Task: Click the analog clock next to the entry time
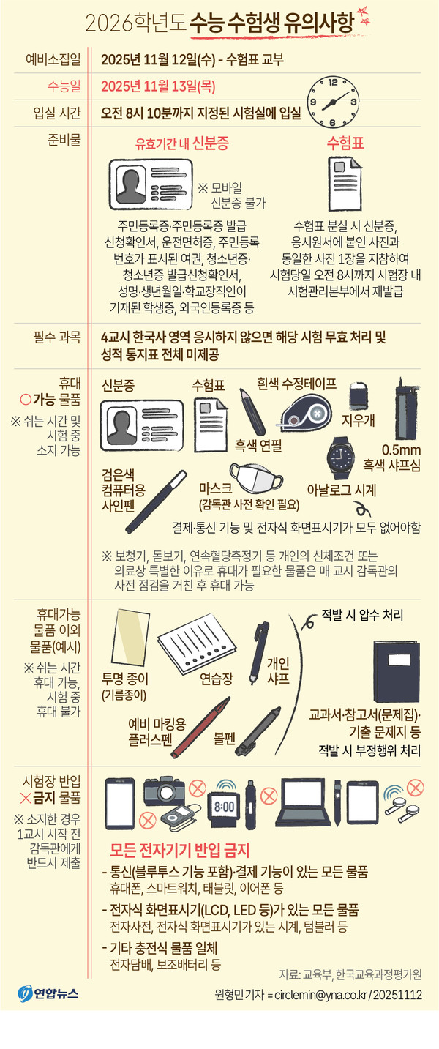(333, 102)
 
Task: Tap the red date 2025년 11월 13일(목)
(158, 86)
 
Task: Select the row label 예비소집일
(53, 59)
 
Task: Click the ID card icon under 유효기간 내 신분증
(151, 184)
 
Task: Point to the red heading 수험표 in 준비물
(345, 143)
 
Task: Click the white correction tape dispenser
(306, 413)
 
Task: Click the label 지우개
(358, 420)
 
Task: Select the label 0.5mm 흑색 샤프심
(392, 458)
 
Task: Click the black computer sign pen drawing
(156, 501)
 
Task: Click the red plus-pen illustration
(200, 728)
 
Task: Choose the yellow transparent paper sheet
(130, 637)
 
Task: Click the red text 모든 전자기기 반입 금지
(180, 850)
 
